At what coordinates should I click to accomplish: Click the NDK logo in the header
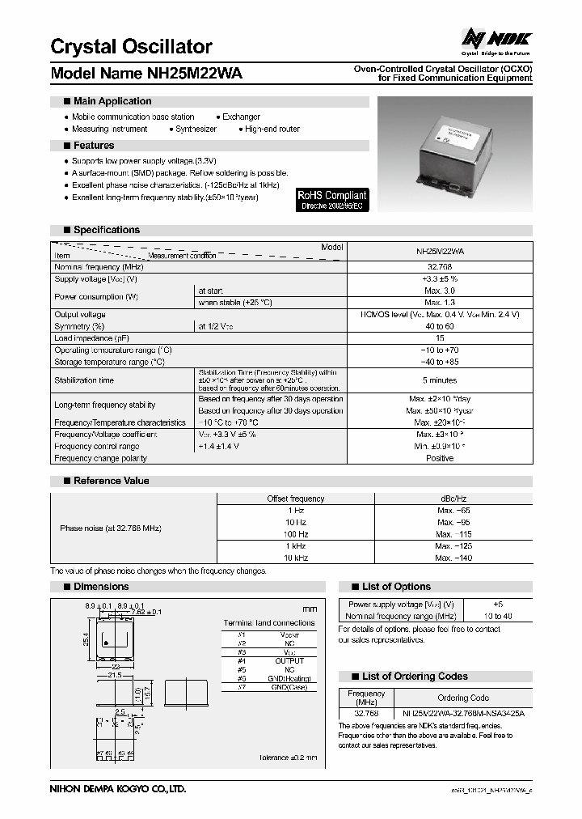point(493,38)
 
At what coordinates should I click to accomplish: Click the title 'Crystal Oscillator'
point(131,46)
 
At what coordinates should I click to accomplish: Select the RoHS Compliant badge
point(332,200)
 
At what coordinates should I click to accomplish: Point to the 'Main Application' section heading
point(112,101)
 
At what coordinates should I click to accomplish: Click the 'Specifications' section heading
point(106,230)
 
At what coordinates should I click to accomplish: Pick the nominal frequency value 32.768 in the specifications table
point(440,266)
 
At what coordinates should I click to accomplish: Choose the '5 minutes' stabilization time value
point(440,380)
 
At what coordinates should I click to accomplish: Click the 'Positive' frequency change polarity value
point(440,458)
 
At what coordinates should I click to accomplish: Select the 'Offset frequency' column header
point(295,499)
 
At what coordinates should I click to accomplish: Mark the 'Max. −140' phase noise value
point(453,558)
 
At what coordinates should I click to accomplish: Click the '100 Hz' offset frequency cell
point(295,534)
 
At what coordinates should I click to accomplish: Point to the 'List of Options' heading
point(396,587)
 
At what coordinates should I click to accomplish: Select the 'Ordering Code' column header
point(463,698)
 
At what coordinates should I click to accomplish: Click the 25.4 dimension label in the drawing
point(85,639)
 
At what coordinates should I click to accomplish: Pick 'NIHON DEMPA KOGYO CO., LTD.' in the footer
point(118,787)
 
